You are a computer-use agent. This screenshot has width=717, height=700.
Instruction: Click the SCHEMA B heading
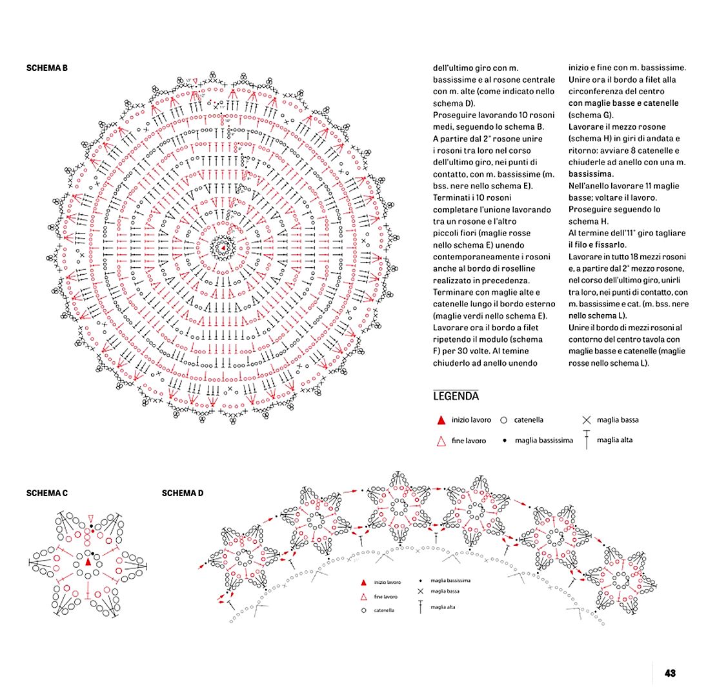46,68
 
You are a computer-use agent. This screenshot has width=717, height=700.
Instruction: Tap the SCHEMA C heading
46,494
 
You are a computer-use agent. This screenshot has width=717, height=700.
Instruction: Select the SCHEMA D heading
183,494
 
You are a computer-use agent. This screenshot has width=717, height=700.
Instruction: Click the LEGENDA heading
456,396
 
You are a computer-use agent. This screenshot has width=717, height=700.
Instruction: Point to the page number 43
670,673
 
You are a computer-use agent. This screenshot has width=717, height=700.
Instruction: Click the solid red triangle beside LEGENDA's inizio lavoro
441,420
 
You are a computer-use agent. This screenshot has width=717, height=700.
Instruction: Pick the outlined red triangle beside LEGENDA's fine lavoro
441,441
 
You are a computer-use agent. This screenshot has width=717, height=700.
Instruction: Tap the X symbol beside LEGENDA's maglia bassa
587,420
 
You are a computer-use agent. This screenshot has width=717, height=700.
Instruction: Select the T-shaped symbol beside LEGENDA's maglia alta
587,440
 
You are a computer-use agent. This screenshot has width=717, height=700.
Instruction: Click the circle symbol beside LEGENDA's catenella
504,420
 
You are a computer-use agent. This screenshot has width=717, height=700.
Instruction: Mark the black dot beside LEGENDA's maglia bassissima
503,441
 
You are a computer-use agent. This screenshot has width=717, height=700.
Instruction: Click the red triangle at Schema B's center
223,248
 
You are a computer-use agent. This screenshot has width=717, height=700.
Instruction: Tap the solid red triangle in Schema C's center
88,562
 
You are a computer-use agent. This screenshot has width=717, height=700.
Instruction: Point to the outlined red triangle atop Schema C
92,518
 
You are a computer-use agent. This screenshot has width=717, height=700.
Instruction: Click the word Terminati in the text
452,198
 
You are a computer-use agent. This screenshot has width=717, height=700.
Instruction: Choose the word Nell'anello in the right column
590,186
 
